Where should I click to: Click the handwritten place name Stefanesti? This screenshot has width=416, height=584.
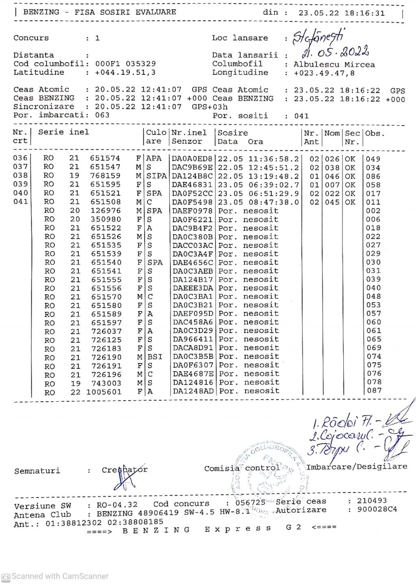[x=319, y=37]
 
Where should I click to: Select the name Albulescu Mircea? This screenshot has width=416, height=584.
[x=334, y=65]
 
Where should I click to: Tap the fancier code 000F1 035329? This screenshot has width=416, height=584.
[x=125, y=64]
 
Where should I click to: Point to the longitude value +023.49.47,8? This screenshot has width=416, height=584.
[x=324, y=73]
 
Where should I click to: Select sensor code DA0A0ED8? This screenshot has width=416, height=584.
[x=192, y=159]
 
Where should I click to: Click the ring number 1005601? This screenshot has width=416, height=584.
[x=104, y=392]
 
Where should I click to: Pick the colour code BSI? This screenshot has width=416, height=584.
[x=155, y=357]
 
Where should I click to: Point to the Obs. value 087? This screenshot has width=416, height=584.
[x=374, y=391]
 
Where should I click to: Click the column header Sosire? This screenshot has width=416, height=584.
[x=233, y=133]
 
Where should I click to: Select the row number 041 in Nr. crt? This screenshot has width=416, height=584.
[x=21, y=201]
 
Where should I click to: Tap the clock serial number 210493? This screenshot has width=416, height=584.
[x=372, y=501]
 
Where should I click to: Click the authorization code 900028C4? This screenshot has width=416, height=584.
[x=377, y=509]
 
